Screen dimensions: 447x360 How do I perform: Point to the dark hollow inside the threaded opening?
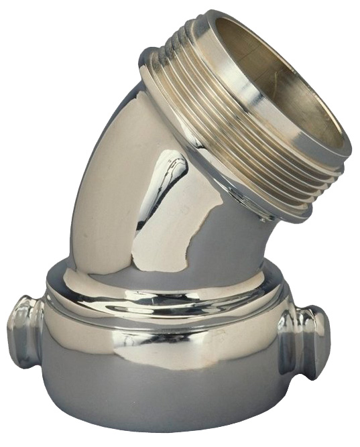(295, 101)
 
